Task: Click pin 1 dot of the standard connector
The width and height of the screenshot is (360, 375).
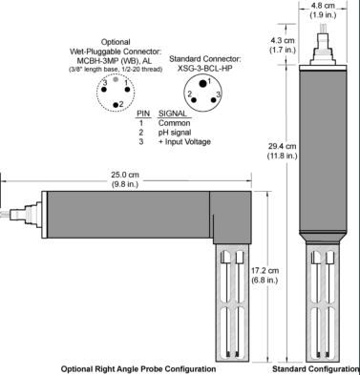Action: click(x=202, y=84)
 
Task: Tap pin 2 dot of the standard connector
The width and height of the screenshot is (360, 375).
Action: click(x=194, y=99)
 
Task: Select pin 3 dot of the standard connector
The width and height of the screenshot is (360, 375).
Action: click(x=213, y=99)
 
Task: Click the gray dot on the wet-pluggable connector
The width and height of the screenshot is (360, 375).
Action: click(x=116, y=79)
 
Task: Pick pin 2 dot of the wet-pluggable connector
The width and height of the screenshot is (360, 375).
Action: click(x=116, y=105)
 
